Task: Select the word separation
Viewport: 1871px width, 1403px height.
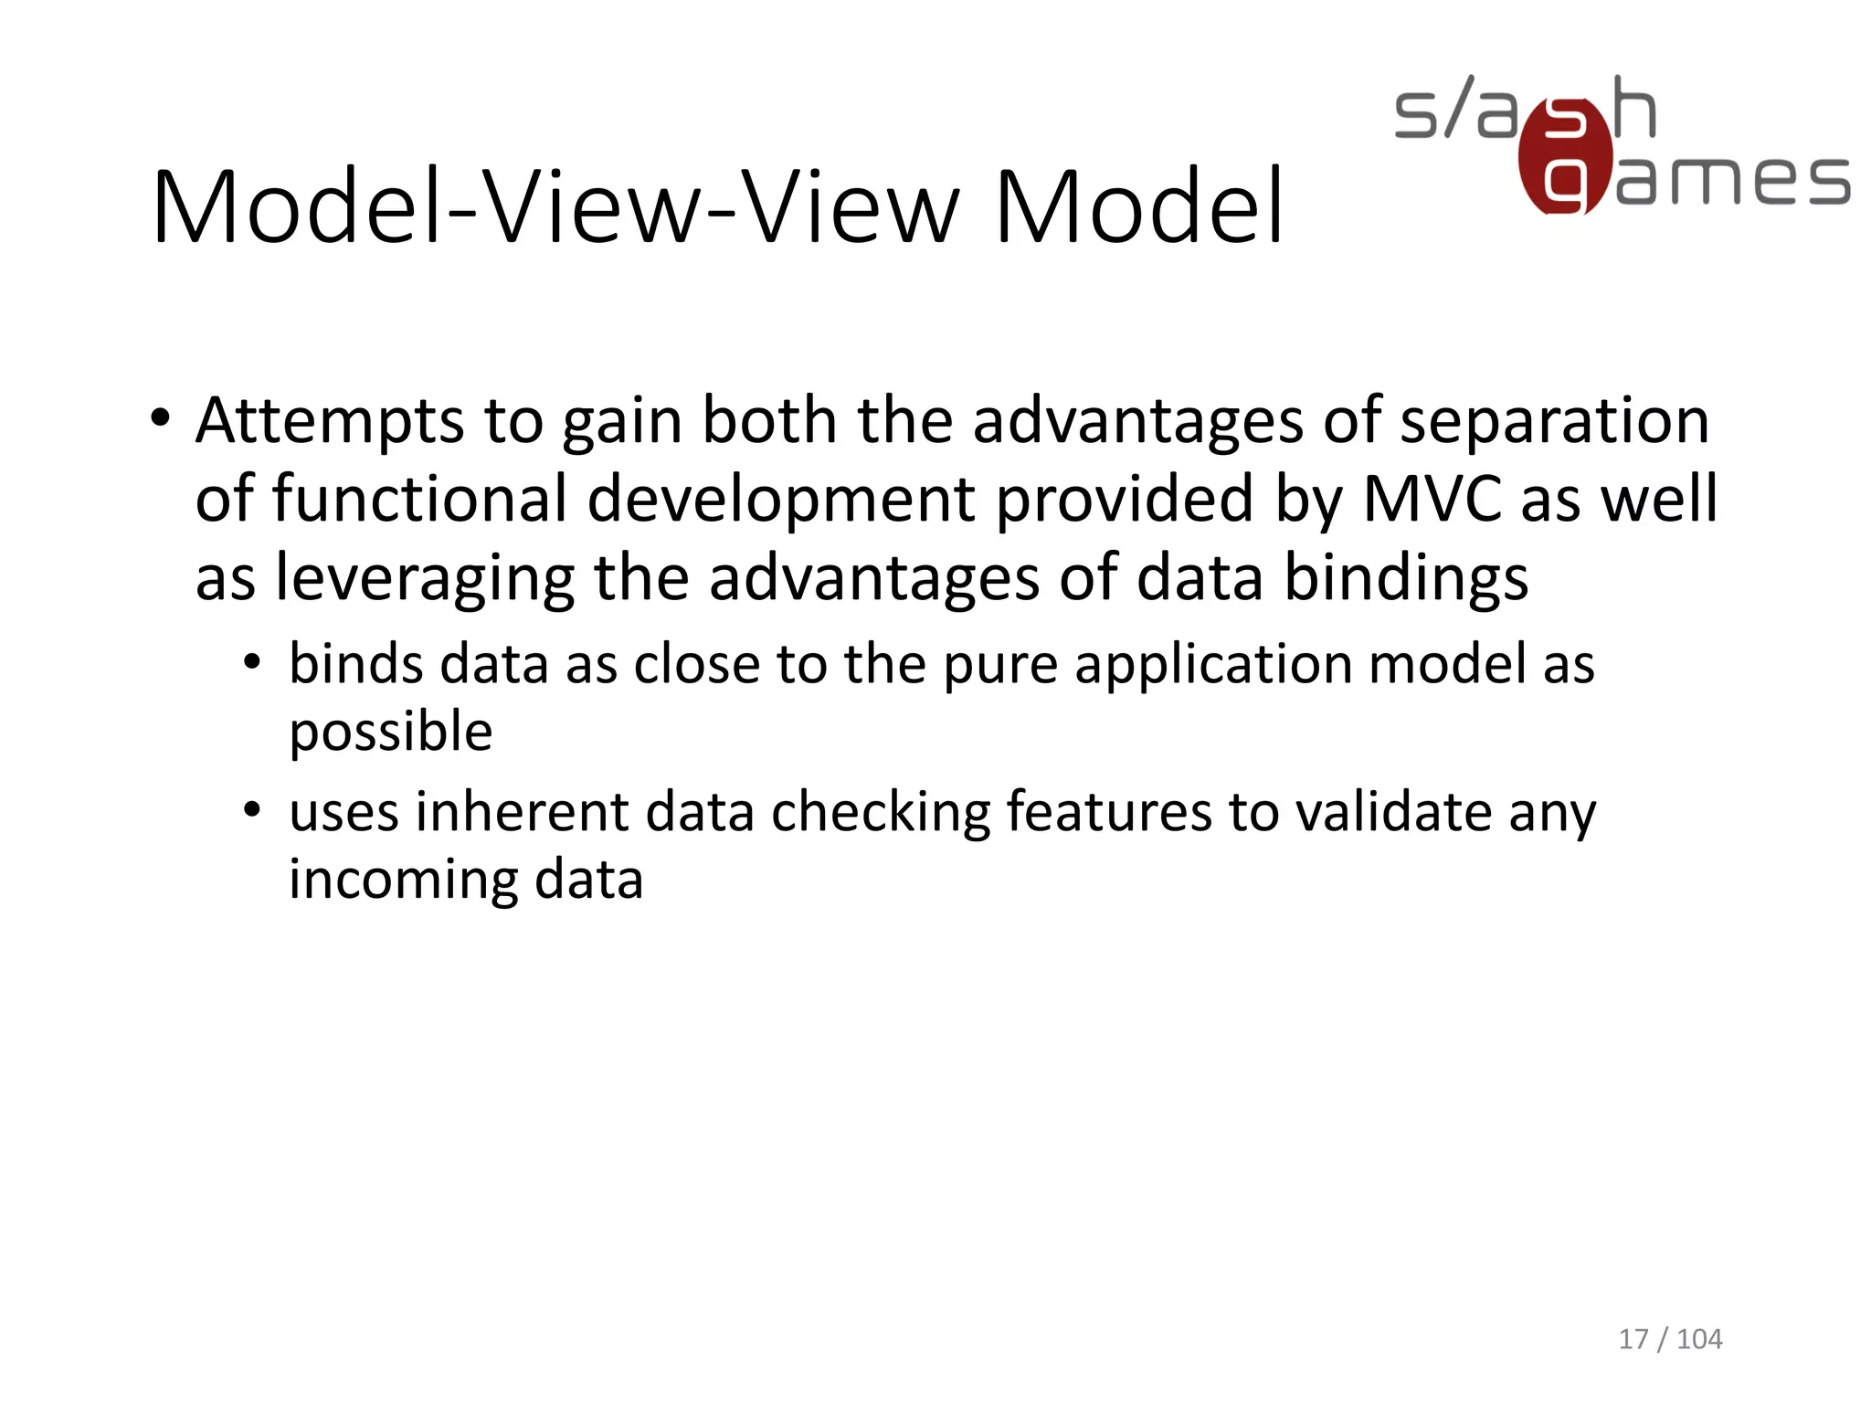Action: [1554, 421]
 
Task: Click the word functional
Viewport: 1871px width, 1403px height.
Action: [419, 499]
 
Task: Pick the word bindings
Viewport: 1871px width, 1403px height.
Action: [1406, 578]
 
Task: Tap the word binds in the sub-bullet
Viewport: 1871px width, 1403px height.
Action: [355, 663]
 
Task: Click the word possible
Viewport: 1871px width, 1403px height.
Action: [391, 732]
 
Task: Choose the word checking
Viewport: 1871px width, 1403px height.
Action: [881, 813]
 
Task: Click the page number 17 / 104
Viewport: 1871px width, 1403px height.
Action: [1669, 1339]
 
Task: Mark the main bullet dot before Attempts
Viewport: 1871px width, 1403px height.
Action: [161, 419]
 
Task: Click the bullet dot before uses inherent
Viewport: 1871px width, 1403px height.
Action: [253, 809]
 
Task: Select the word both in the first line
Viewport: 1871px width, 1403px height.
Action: [769, 421]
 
